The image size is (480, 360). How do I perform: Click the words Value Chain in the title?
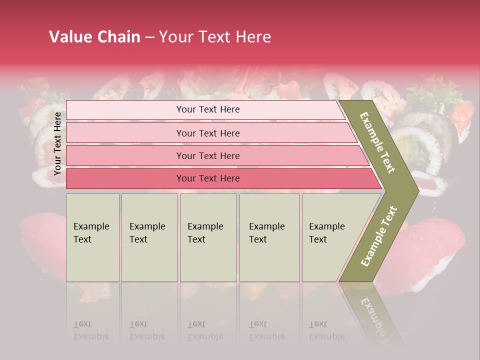tap(94, 37)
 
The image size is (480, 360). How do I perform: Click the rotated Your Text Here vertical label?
tap(58, 144)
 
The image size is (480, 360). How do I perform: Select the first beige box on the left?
tap(92, 237)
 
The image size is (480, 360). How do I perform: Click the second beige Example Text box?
tap(149, 237)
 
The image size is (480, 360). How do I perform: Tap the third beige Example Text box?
tap(208, 237)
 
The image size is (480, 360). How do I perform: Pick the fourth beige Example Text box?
tap(269, 237)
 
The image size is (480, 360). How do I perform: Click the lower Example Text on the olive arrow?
tap(378, 236)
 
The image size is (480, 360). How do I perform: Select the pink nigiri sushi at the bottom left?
tap(42, 245)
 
